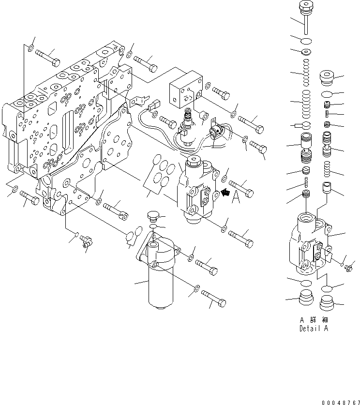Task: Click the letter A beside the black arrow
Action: click(236, 198)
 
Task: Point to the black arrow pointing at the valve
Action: click(225, 193)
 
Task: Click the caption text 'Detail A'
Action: click(314, 329)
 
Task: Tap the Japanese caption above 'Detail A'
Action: click(314, 320)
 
